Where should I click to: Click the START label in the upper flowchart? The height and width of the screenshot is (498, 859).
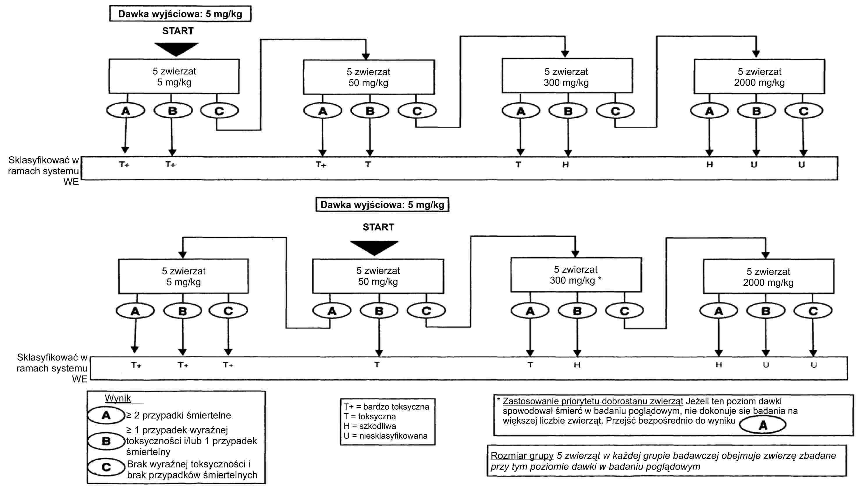tap(178, 31)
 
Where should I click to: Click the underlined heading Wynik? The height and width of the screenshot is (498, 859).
tap(118, 398)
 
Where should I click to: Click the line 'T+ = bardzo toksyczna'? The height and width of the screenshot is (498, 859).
tap(386, 407)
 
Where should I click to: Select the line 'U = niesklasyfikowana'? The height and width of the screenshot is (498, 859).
tap(385, 436)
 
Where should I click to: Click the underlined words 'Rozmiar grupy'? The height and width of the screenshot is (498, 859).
tap(522, 456)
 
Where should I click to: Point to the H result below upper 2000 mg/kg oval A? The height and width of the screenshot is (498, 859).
tap(709, 165)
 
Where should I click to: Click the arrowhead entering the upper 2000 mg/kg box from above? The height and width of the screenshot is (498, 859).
tap(756, 54)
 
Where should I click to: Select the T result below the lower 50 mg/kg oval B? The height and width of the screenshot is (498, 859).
tap(377, 365)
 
